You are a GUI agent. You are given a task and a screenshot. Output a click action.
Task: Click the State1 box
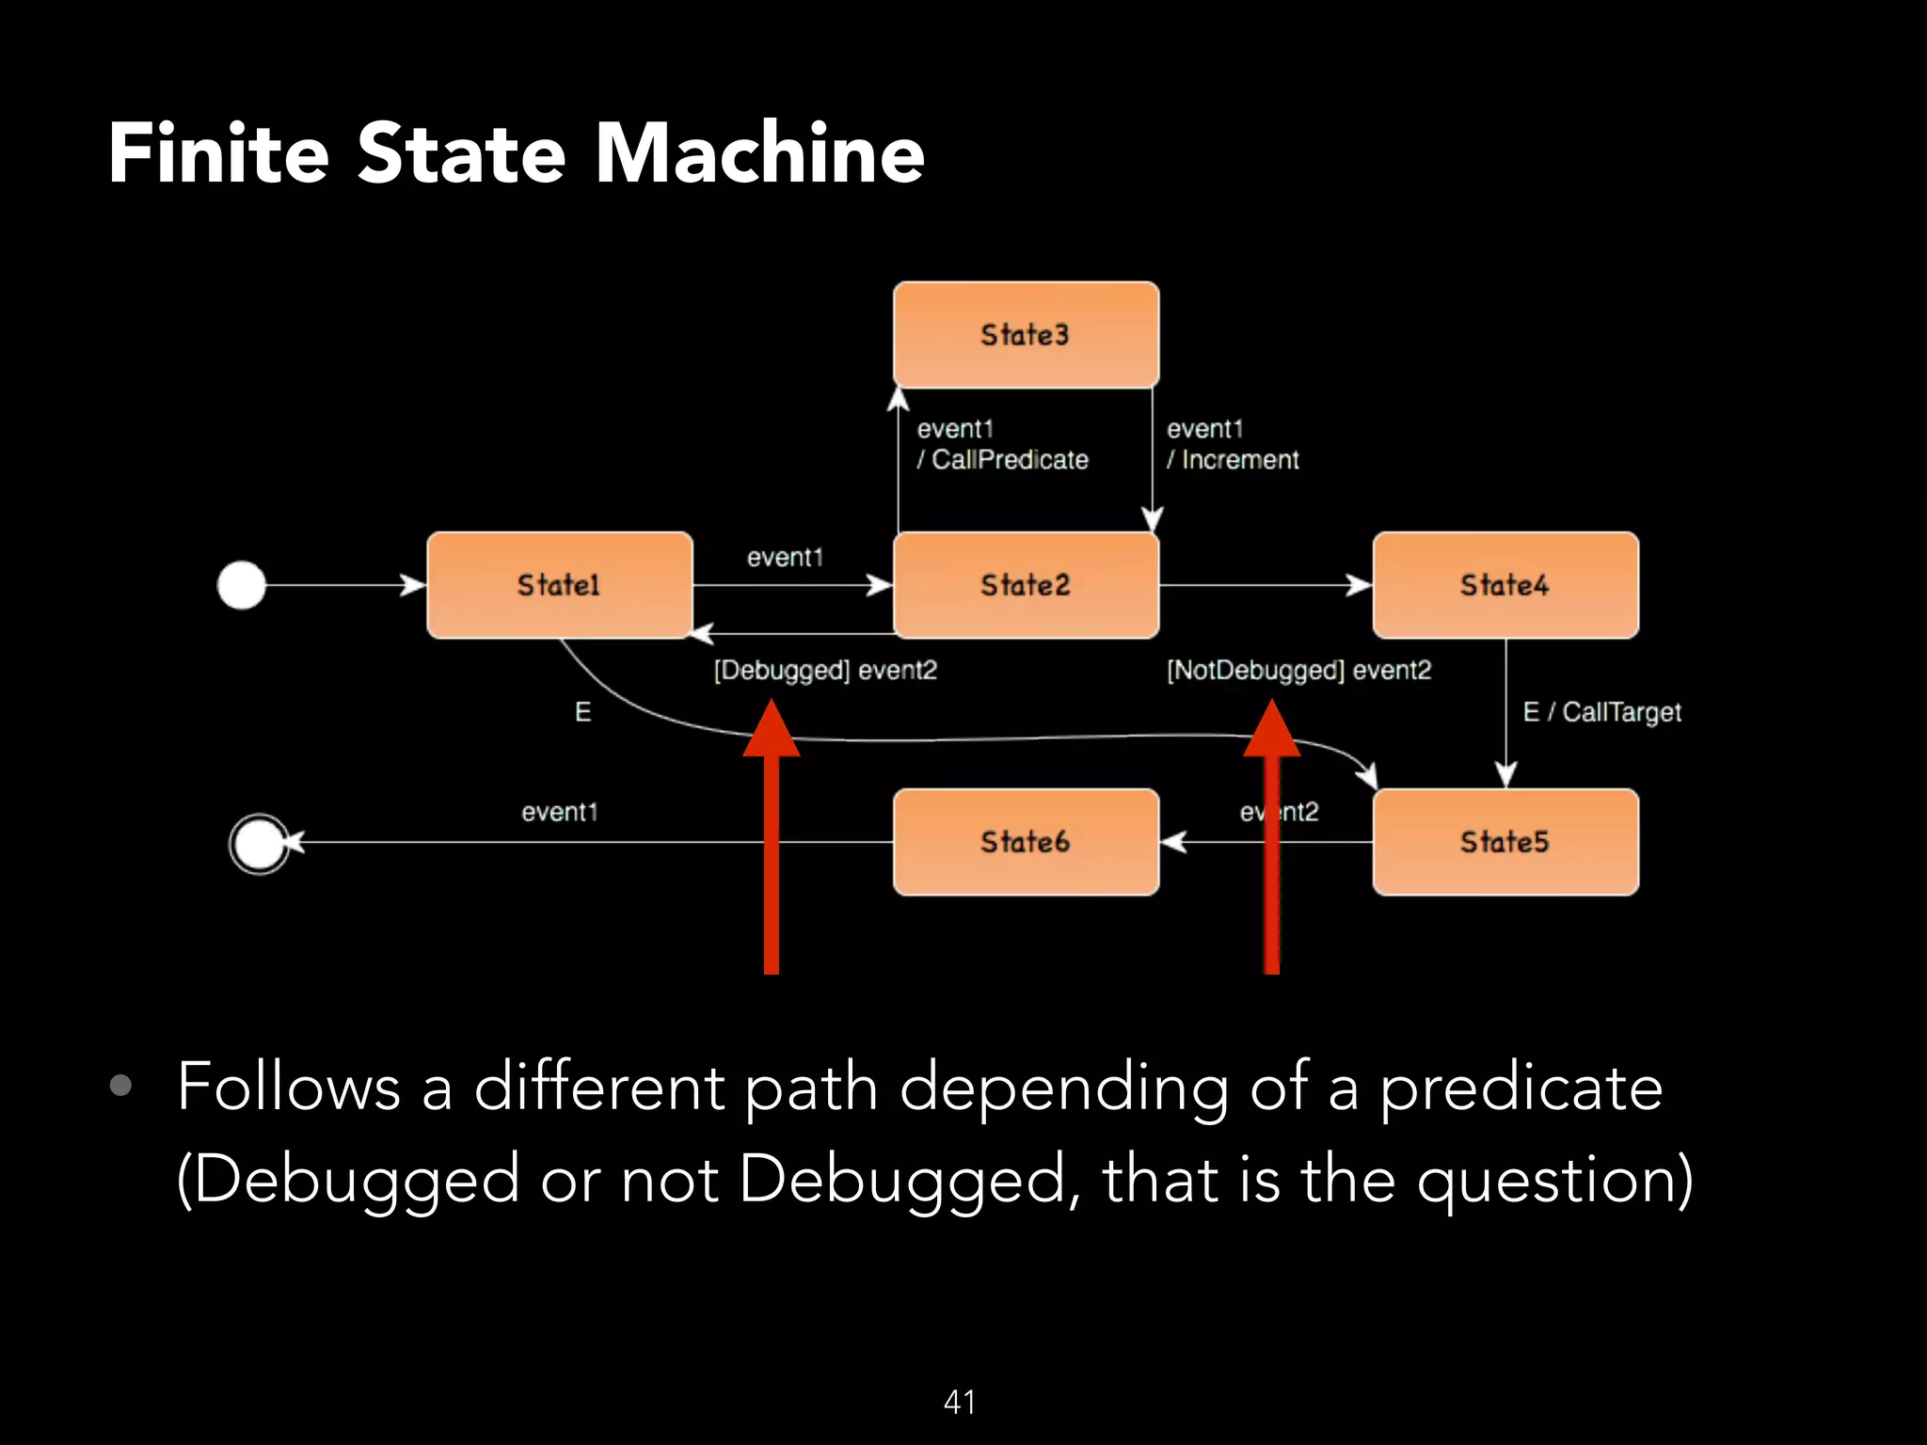(559, 585)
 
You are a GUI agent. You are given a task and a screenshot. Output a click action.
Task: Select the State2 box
(1026, 585)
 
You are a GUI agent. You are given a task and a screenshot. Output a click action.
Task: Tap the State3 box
(1026, 335)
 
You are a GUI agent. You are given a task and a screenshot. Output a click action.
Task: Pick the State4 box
(1505, 585)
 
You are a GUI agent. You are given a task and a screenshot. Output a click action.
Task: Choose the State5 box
(1505, 842)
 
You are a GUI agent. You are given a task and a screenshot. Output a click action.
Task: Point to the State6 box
(1026, 842)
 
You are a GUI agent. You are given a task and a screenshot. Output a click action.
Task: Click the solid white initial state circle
(242, 585)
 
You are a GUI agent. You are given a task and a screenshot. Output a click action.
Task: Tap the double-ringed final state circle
(259, 844)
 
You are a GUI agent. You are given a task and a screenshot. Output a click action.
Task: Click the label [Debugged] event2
(825, 671)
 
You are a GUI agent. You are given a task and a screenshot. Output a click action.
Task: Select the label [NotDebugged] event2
(1298, 671)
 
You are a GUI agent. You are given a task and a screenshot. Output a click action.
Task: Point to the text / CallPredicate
(1003, 460)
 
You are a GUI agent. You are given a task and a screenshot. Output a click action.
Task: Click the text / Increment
(1233, 460)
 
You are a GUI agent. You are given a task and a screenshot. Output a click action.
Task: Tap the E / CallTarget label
(1601, 712)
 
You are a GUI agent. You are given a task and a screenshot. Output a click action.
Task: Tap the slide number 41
(960, 1402)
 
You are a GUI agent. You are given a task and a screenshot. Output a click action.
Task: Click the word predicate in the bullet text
(1521, 1088)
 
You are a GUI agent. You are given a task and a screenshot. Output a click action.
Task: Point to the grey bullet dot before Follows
(120, 1086)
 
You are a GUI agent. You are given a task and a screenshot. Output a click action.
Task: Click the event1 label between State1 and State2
(785, 558)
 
